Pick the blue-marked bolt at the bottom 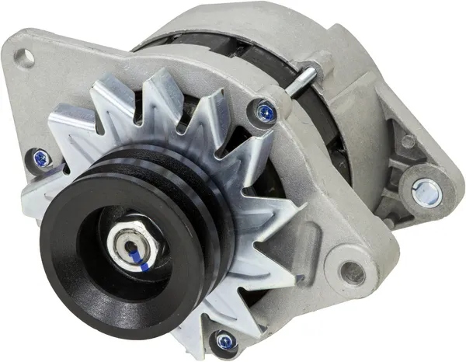224,339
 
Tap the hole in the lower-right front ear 353,273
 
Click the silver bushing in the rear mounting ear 426,191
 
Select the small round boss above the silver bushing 407,142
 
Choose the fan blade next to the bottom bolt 194,326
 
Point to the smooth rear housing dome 233,19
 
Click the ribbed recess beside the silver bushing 400,175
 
